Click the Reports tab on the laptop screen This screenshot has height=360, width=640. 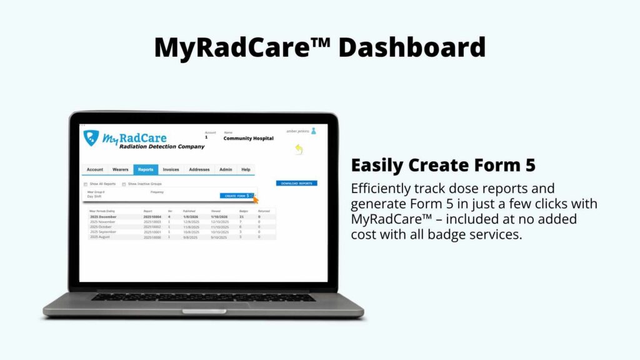(146, 169)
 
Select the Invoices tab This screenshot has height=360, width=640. (171, 169)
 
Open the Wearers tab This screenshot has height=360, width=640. (120, 169)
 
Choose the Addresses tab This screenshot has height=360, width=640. (199, 169)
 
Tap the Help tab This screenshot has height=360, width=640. (246, 169)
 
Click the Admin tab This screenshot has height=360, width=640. (226, 169)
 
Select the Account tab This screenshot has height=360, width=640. (95, 169)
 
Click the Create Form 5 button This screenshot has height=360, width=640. (237, 196)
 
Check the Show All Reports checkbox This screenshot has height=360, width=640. (86, 184)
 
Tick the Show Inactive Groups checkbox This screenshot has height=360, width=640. (124, 184)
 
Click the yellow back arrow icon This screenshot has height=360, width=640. (299, 149)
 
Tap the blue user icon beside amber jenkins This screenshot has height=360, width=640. (314, 131)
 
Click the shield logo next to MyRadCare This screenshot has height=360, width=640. (91, 138)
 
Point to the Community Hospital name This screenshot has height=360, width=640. (248, 139)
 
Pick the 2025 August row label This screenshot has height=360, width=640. (101, 237)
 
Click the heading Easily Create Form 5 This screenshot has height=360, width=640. (442, 166)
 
